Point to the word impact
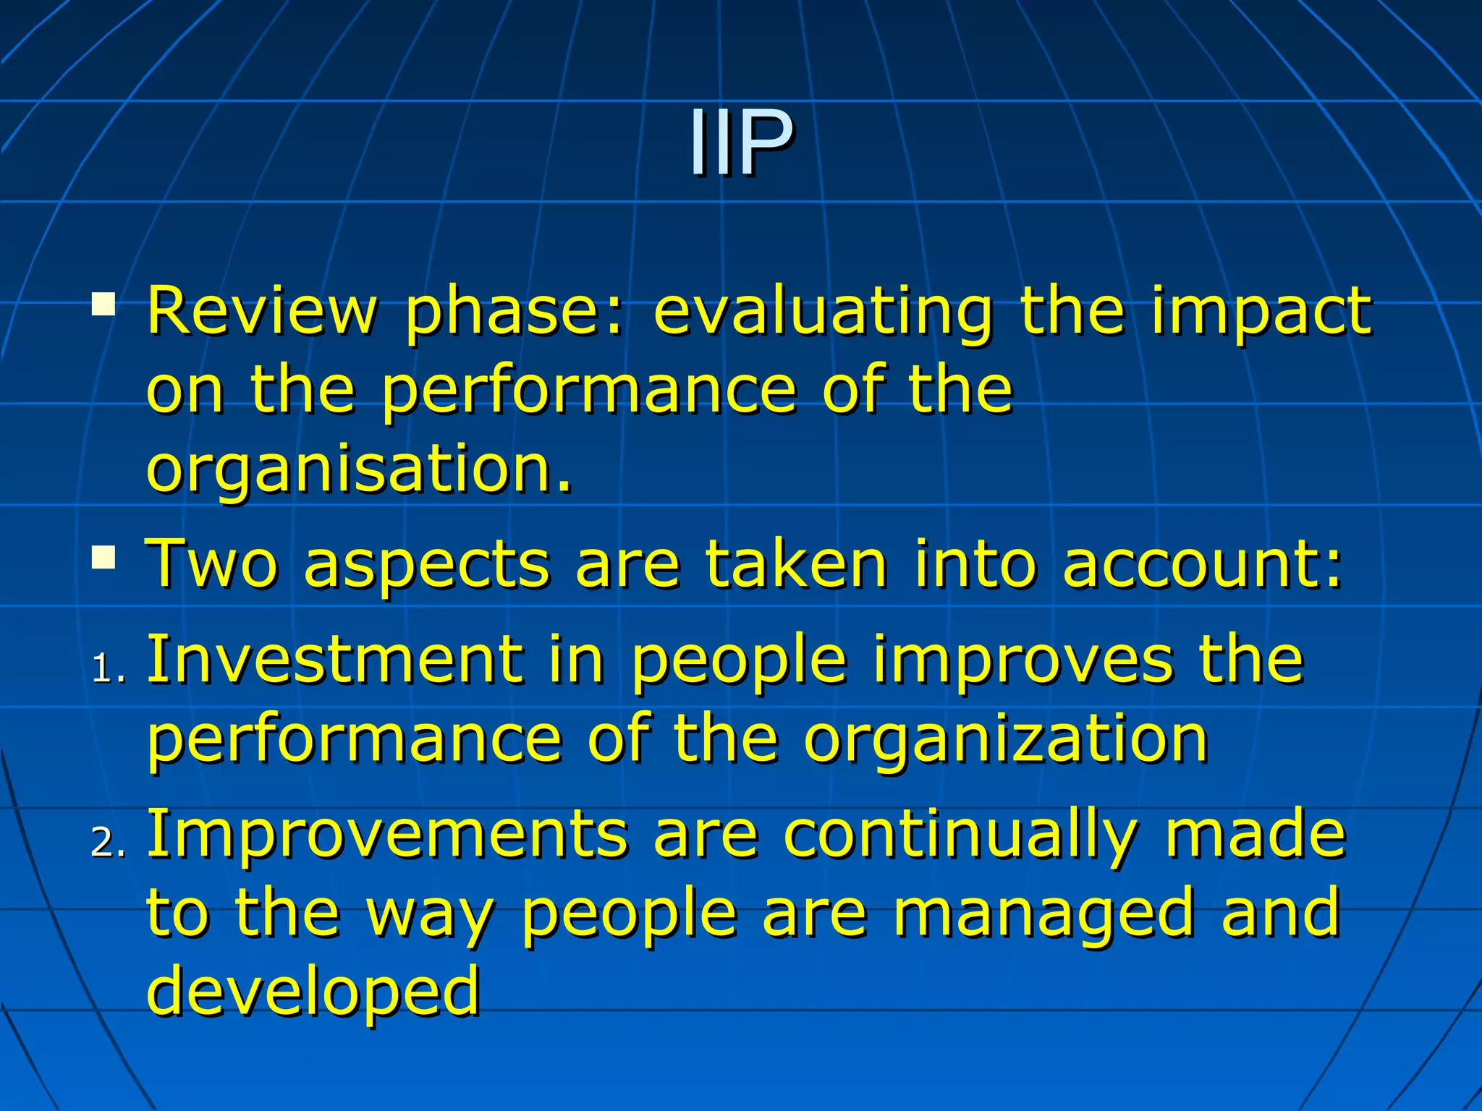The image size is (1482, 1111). (x=1261, y=312)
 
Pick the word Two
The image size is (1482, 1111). (x=211, y=563)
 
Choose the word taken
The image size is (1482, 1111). (x=796, y=563)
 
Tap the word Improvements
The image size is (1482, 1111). (x=387, y=835)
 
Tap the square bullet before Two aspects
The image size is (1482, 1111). (x=103, y=557)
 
